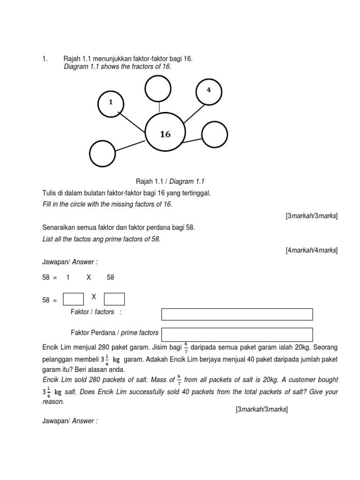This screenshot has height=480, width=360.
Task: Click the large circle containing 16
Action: [x=165, y=134]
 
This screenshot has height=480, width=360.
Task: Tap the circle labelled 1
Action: [x=111, y=102]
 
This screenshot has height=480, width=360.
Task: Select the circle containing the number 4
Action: [x=208, y=90]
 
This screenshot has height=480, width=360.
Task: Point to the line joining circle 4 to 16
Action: [x=194, y=113]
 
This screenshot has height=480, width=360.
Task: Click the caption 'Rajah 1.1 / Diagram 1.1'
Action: [x=170, y=181]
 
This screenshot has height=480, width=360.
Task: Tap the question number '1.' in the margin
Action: [x=45, y=59]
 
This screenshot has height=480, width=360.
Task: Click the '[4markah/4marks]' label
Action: [x=311, y=250]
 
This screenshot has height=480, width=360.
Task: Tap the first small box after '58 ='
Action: [x=73, y=299]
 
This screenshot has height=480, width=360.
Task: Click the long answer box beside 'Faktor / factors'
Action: [x=237, y=314]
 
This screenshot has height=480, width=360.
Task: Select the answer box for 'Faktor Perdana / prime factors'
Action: [x=237, y=335]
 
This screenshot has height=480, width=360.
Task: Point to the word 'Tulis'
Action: [x=50, y=194]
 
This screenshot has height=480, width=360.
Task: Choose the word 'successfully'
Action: [x=168, y=392]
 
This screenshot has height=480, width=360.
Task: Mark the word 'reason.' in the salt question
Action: [x=53, y=402]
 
